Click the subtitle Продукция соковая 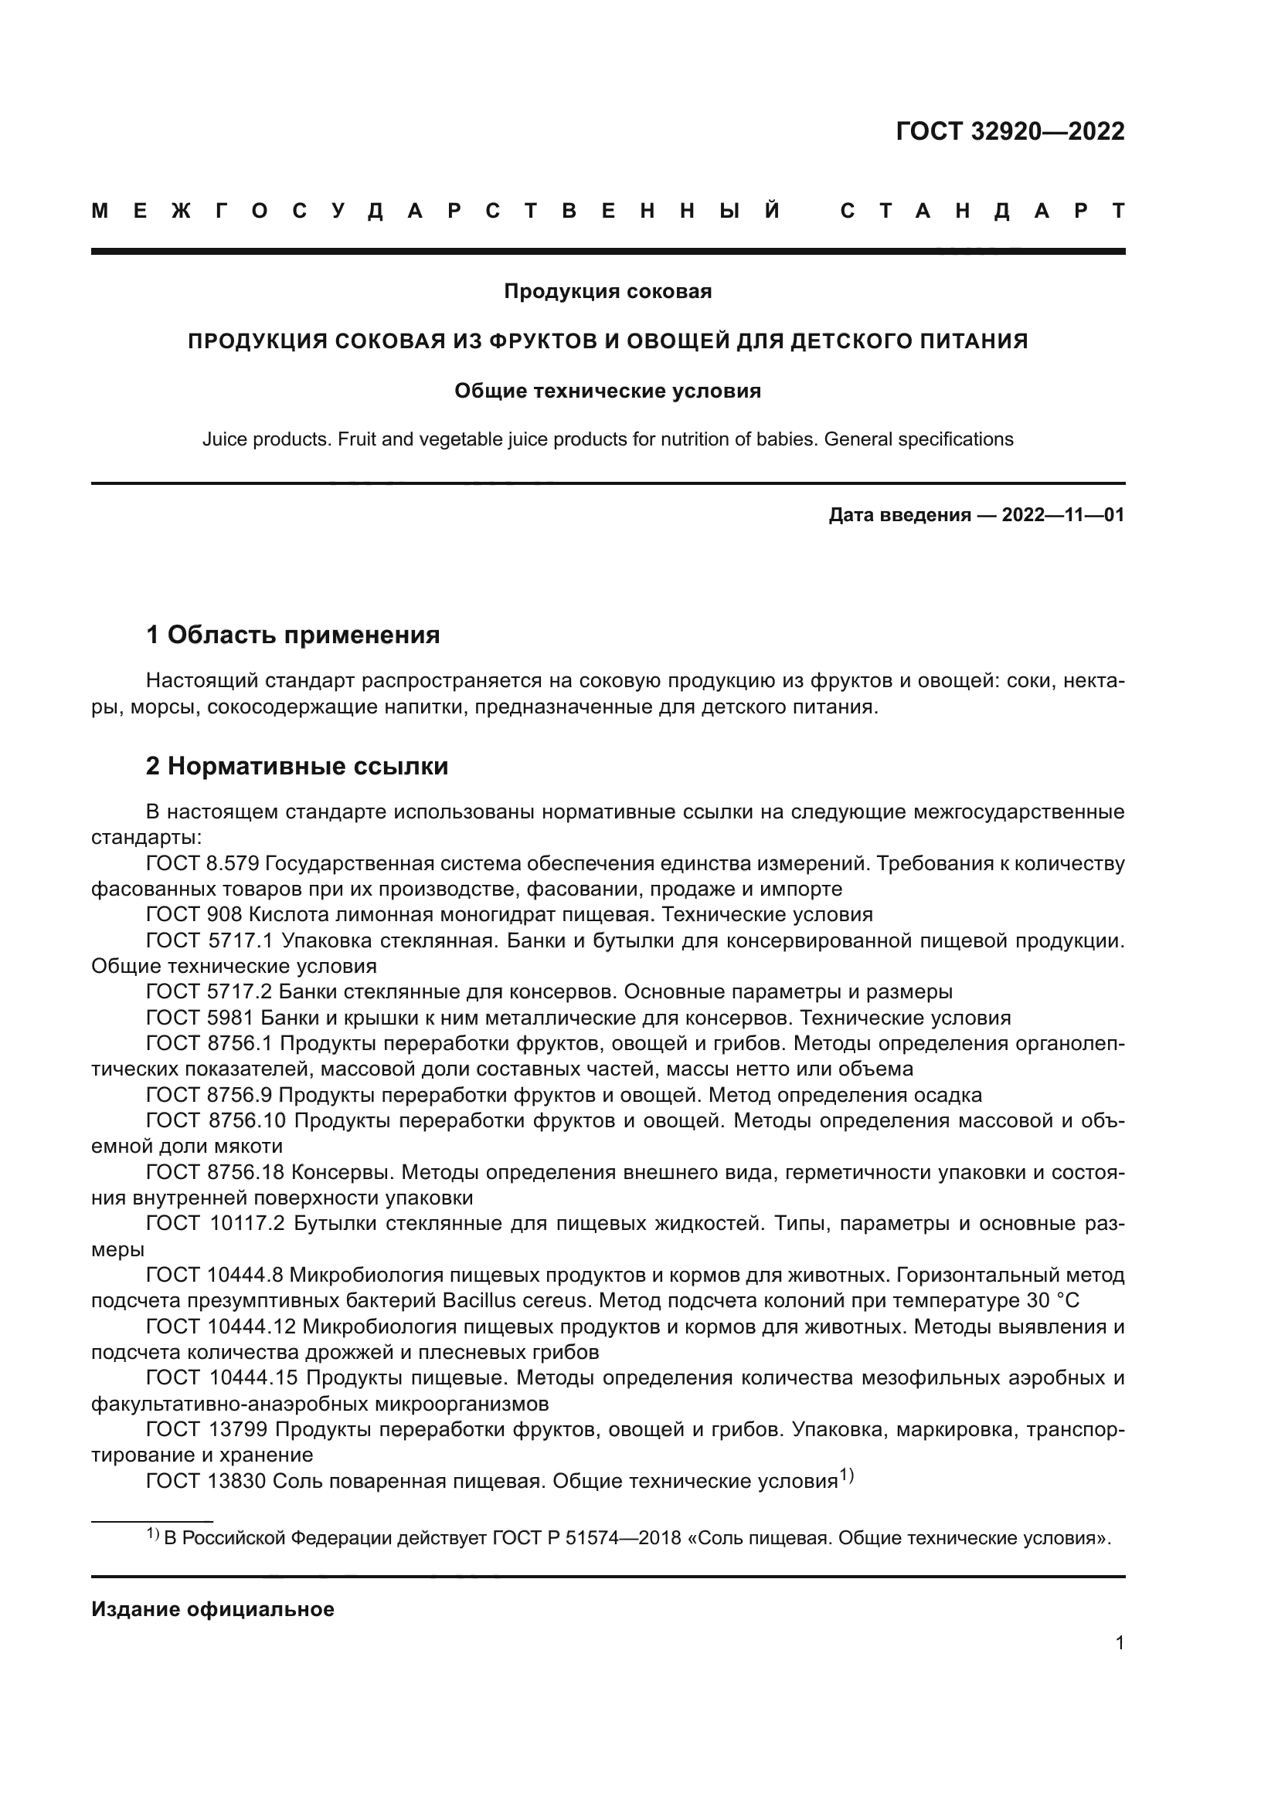607,292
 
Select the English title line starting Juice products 607,439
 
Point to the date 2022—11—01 1062,515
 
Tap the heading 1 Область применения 293,635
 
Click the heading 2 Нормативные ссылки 297,766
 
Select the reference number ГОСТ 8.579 202,864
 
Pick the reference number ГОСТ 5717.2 209,992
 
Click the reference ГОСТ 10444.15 220,1377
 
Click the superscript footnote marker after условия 846,1476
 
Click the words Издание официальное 212,1609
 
